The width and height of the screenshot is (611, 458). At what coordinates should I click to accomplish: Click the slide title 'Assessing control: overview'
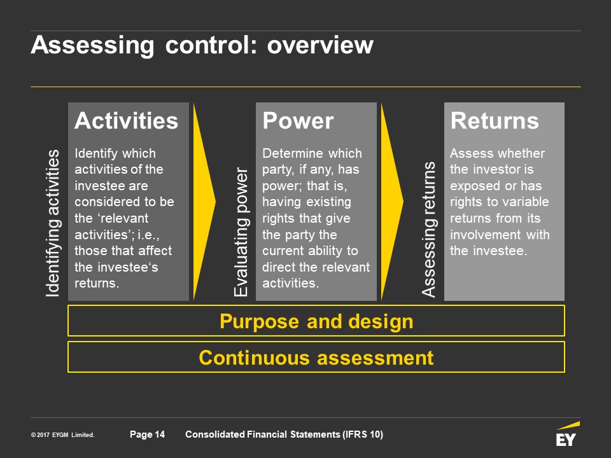click(202, 46)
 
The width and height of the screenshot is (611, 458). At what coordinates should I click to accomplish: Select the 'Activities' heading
click(126, 121)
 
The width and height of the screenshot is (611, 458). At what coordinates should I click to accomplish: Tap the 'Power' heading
click(298, 121)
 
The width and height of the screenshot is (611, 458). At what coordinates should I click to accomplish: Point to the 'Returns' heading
click(495, 121)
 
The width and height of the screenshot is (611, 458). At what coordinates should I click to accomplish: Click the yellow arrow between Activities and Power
click(204, 202)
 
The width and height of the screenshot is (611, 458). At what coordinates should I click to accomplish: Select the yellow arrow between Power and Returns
click(391, 202)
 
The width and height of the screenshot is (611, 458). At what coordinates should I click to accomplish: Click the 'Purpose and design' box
click(316, 321)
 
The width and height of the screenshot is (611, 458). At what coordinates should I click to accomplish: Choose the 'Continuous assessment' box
click(316, 357)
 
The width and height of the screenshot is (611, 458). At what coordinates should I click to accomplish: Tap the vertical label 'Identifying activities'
click(53, 223)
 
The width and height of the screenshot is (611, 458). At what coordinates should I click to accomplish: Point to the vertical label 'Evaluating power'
click(241, 232)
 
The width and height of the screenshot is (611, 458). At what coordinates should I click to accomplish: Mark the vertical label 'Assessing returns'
click(429, 229)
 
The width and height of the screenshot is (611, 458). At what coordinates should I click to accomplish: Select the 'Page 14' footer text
click(147, 434)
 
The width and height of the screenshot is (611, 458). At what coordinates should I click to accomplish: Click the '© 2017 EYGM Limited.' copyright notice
click(62, 435)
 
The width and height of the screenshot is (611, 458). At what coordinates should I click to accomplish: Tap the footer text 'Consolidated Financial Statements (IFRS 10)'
click(284, 434)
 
